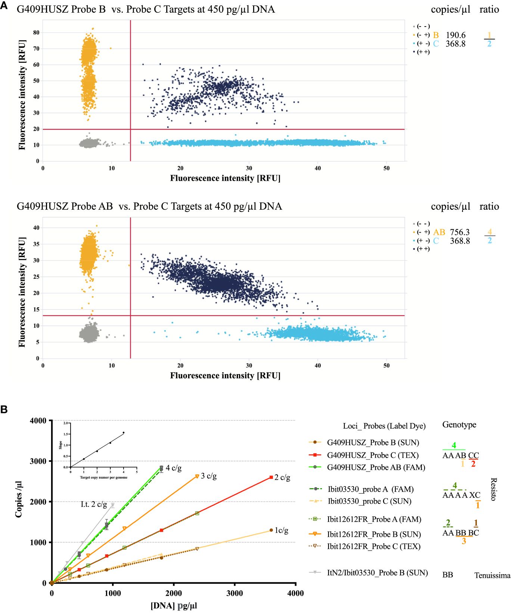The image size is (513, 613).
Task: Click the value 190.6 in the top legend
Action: click(456, 35)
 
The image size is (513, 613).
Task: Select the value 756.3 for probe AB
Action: click(460, 232)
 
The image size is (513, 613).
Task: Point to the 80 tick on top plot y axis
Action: click(36, 32)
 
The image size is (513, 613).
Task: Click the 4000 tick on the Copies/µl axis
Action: click(38, 421)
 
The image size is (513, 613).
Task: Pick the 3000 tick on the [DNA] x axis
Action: click(234, 593)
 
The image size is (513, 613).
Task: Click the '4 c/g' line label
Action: click(174, 468)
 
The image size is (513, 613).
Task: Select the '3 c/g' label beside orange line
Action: click(209, 476)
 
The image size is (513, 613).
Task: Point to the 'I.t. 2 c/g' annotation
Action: click(94, 504)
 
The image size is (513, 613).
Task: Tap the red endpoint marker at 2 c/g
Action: click(271, 477)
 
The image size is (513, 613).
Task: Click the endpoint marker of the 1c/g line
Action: click(271, 530)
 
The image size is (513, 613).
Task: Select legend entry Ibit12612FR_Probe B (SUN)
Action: click(374, 534)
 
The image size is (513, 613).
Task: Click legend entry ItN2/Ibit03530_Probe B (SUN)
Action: click(377, 573)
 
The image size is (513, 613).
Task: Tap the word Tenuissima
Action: click(492, 575)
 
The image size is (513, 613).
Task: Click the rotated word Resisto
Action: click(494, 489)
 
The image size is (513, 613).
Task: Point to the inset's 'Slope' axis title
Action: click(61, 445)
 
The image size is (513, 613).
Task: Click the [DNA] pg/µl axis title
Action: click(174, 606)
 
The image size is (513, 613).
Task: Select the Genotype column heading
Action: click(459, 424)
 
